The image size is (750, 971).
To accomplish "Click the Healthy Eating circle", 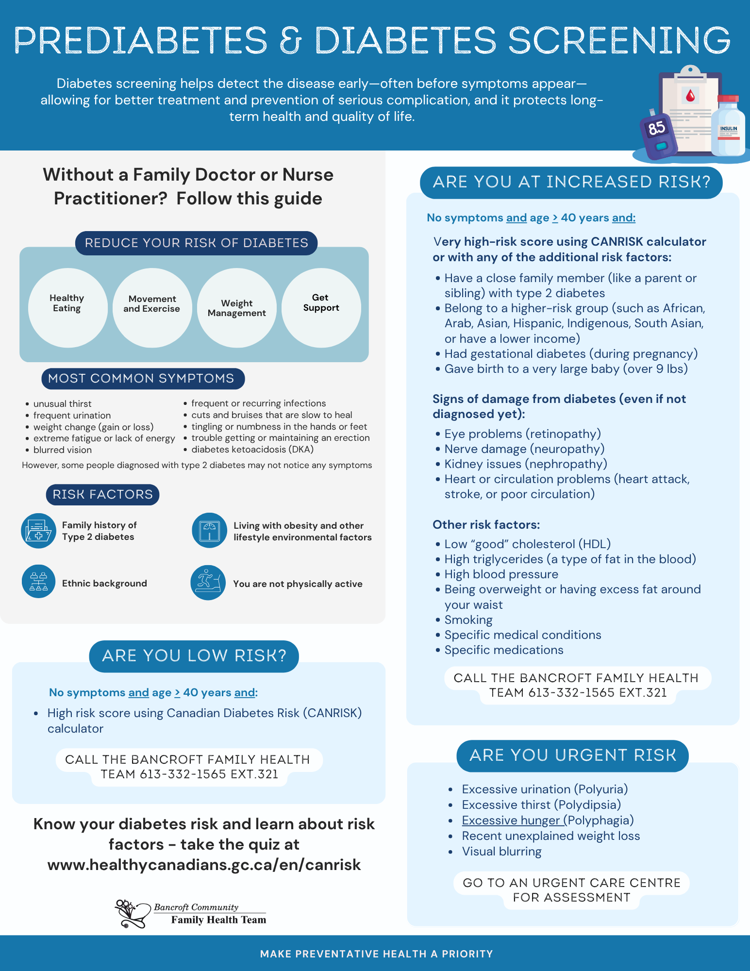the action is tap(67, 307).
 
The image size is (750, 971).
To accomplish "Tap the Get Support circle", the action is tap(321, 307).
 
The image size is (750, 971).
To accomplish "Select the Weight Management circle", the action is tap(237, 307).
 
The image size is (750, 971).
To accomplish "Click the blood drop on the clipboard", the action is tap(690, 95).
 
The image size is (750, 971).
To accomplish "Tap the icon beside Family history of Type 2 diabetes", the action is tap(38, 531).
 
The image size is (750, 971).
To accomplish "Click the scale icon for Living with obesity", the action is tap(209, 531).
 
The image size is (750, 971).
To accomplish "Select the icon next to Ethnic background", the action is tap(38, 581).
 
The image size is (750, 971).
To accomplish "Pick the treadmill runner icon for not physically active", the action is tap(208, 582).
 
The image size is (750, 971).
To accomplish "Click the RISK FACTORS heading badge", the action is tap(102, 494).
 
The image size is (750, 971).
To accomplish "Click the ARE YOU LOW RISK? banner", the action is tap(194, 656).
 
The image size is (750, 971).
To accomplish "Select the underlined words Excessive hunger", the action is tap(511, 820).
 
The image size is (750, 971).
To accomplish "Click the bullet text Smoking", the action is tap(468, 620).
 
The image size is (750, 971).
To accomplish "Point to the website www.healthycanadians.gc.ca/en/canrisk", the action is tap(204, 865).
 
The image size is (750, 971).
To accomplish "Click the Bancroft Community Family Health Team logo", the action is tap(190, 913).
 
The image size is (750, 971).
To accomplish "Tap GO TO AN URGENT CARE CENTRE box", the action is tap(571, 890).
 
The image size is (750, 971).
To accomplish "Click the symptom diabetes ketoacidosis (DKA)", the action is tap(252, 449).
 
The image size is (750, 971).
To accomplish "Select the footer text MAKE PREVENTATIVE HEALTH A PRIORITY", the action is tap(376, 954).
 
